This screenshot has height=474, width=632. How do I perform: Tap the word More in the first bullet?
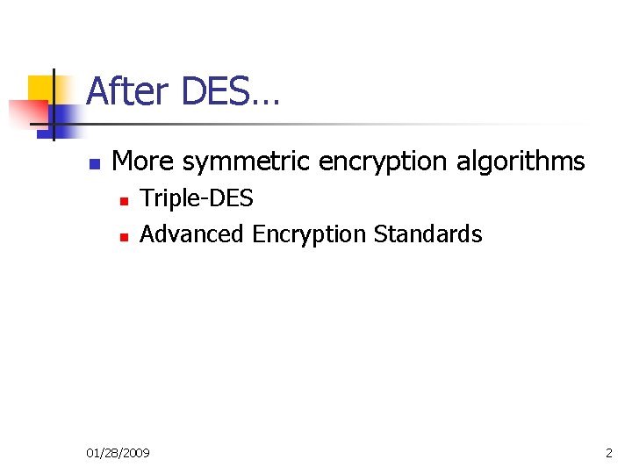143,162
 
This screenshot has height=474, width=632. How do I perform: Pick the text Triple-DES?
197,199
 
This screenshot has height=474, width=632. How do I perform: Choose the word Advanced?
192,234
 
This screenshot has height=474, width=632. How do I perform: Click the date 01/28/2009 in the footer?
118,453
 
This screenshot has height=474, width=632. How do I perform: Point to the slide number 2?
609,453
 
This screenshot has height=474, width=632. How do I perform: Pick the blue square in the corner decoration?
66,118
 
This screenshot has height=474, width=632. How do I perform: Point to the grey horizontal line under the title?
351,124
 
